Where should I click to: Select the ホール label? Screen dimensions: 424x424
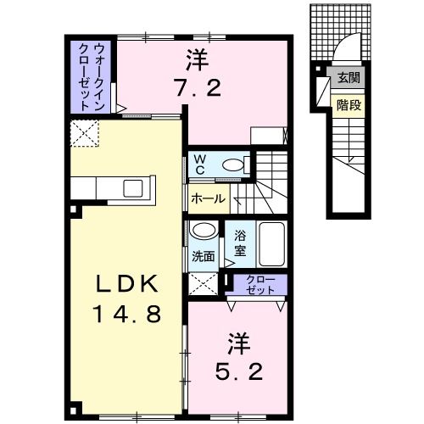pyautogui.click(x=208, y=199)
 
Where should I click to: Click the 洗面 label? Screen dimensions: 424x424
pyautogui.click(x=203, y=254)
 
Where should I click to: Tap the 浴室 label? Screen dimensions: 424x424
pyautogui.click(x=240, y=243)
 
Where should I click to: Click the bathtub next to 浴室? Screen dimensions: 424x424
pyautogui.click(x=272, y=243)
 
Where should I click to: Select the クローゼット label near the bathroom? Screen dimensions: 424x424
pyautogui.click(x=260, y=286)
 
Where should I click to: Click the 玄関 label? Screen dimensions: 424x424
pyautogui.click(x=349, y=79)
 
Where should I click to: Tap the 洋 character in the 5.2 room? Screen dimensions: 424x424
pyautogui.click(x=238, y=343)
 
